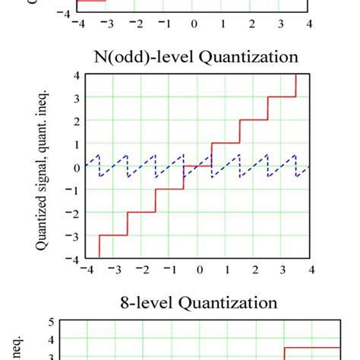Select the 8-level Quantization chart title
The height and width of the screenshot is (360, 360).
[200, 302]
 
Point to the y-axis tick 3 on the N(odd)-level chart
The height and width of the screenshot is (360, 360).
[77, 97]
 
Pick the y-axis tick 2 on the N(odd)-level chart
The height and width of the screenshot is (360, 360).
[77, 120]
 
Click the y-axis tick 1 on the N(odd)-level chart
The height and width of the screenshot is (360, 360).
[77, 144]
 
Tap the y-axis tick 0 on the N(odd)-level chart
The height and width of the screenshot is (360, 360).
[77, 166]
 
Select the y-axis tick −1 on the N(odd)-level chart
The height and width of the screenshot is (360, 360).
[74, 189]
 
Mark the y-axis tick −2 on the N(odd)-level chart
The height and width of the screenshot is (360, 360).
[74, 212]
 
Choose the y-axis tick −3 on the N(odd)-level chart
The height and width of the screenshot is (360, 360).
[74, 235]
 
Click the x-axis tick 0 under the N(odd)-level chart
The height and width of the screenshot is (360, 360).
[199, 270]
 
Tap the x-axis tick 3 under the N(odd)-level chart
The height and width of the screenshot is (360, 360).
[283, 270]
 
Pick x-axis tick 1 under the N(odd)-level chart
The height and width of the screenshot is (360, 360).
[227, 270]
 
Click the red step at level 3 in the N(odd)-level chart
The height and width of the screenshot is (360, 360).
[282, 96]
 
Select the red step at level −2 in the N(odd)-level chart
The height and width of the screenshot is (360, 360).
[141, 212]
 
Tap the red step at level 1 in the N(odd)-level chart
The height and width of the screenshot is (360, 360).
[226, 143]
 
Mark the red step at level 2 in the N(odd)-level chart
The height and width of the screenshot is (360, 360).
[254, 119]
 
